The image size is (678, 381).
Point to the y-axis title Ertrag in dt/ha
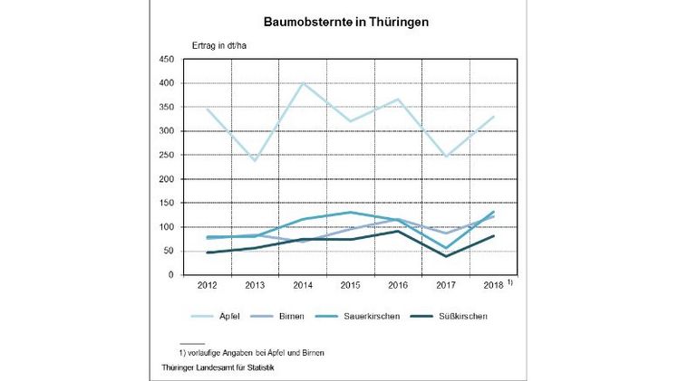(220, 45)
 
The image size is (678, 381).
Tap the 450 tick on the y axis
(167, 60)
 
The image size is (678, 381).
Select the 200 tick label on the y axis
(167, 179)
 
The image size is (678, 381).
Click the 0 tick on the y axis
(172, 275)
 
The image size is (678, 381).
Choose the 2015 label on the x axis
(350, 287)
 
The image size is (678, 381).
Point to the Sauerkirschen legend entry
(396, 317)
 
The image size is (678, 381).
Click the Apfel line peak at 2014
(303, 83)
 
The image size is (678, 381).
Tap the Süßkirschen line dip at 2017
(446, 256)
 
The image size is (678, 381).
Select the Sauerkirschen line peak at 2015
(350, 213)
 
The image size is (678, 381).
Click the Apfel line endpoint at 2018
(494, 117)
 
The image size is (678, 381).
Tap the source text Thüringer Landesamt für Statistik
(218, 367)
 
